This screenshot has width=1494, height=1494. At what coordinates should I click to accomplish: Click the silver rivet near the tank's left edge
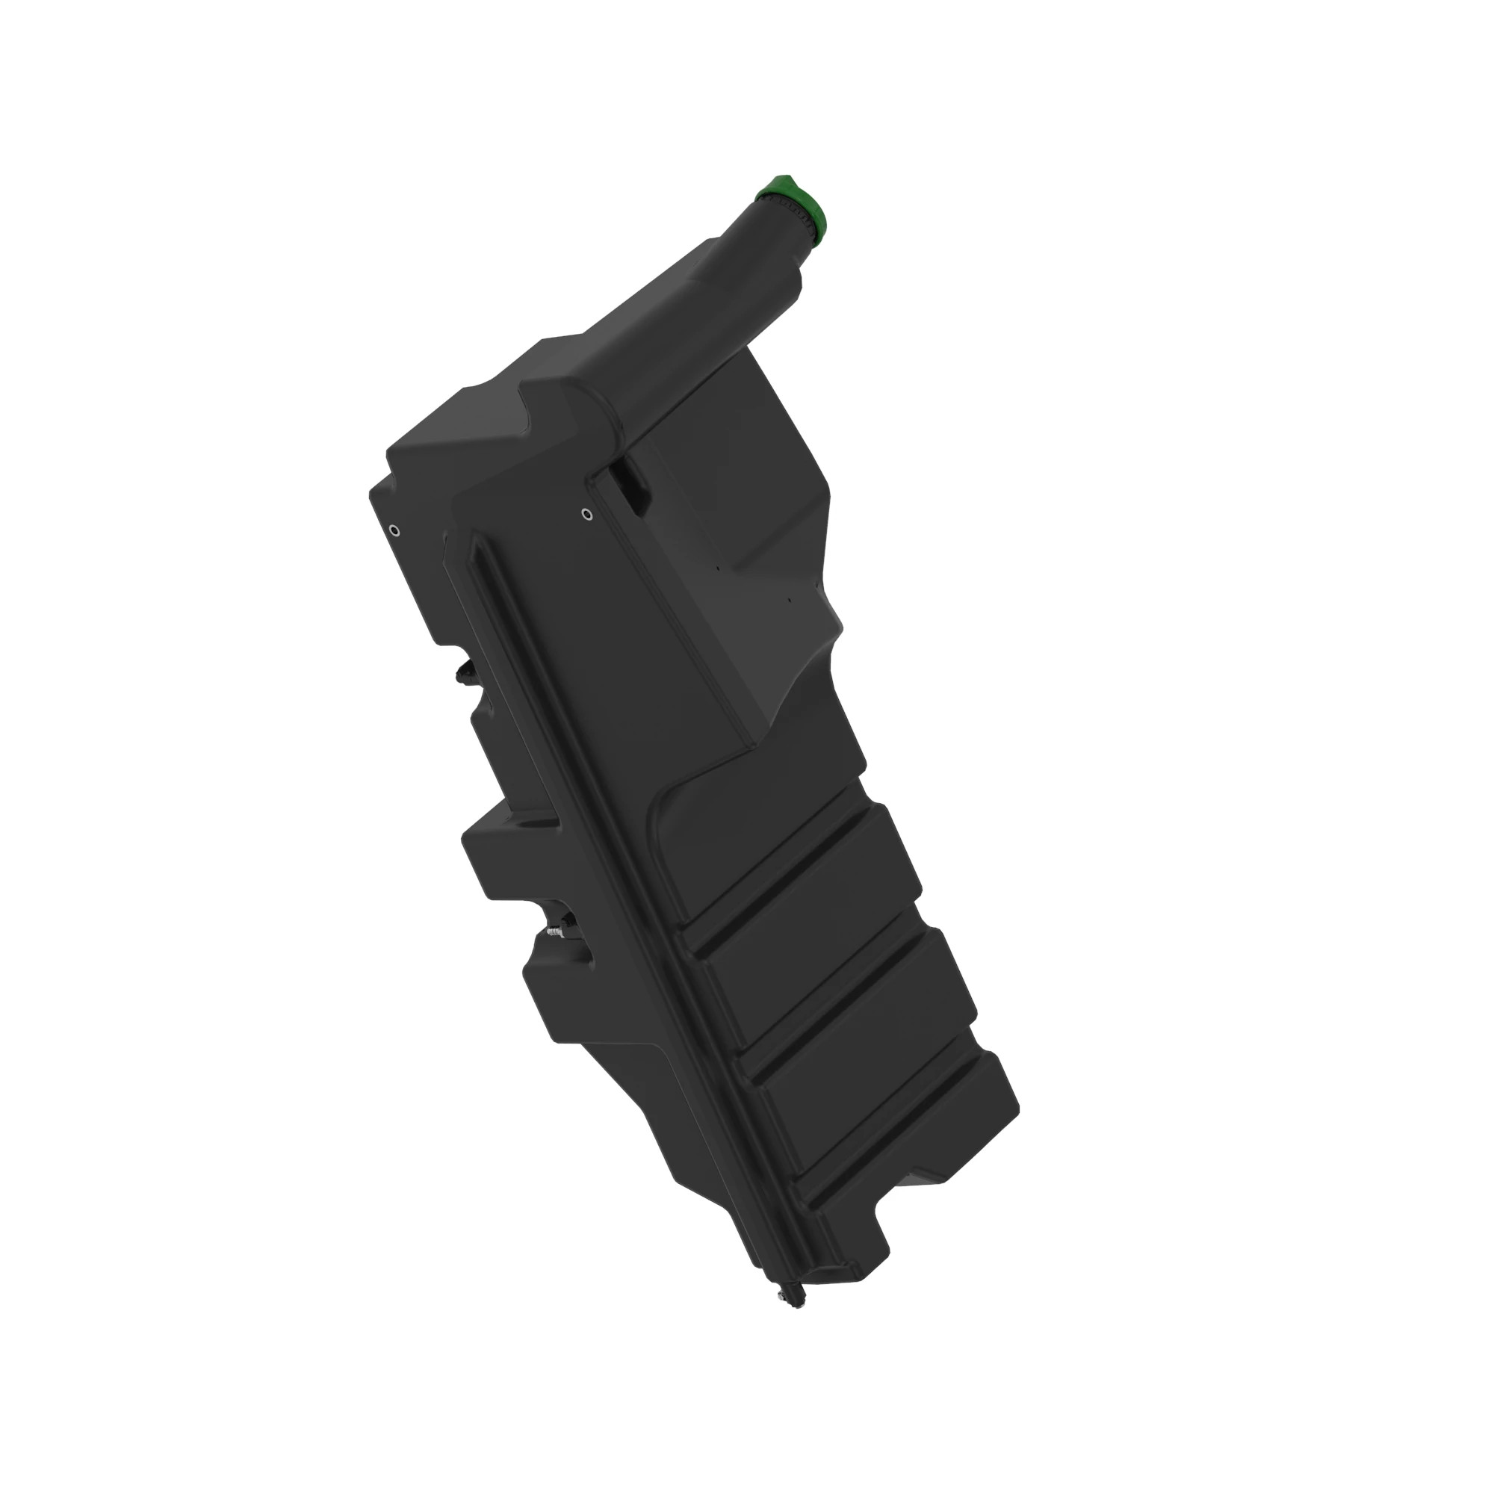394,530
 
